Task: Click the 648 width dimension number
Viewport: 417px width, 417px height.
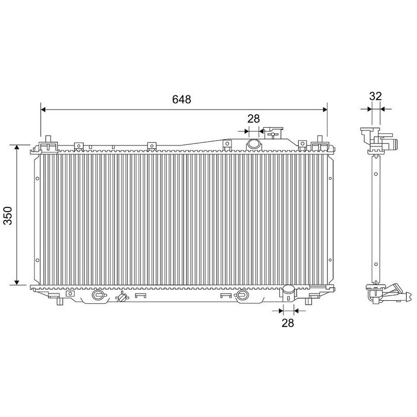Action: coord(181,99)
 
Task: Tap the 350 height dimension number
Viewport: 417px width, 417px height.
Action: coord(8,215)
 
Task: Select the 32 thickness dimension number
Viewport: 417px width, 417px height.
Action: coord(375,96)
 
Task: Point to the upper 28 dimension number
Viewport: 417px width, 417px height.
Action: coord(253,119)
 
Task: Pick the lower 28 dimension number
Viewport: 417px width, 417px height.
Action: coord(288,323)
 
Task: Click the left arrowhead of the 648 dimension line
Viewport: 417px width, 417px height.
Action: coord(43,109)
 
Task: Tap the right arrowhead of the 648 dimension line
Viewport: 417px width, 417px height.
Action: coord(324,109)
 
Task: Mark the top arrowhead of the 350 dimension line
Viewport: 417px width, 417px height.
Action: coord(17,148)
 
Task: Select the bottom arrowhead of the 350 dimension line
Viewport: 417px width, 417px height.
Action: coord(17,282)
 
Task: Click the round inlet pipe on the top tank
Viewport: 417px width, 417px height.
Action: coord(253,144)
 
